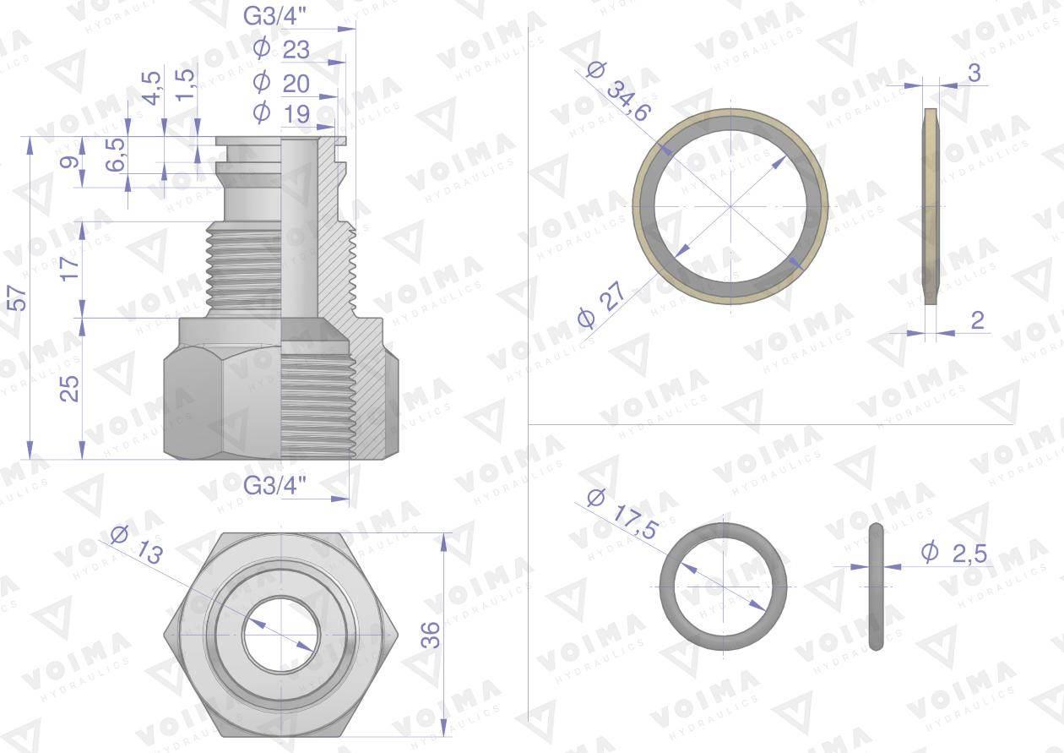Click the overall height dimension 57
[19, 298]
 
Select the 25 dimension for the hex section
[69, 389]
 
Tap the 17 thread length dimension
[70, 269]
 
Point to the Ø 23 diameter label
[281, 49]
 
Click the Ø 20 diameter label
[281, 83]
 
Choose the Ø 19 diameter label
[281, 113]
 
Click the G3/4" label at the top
[274, 17]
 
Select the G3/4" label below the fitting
[274, 485]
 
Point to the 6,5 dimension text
[116, 155]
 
